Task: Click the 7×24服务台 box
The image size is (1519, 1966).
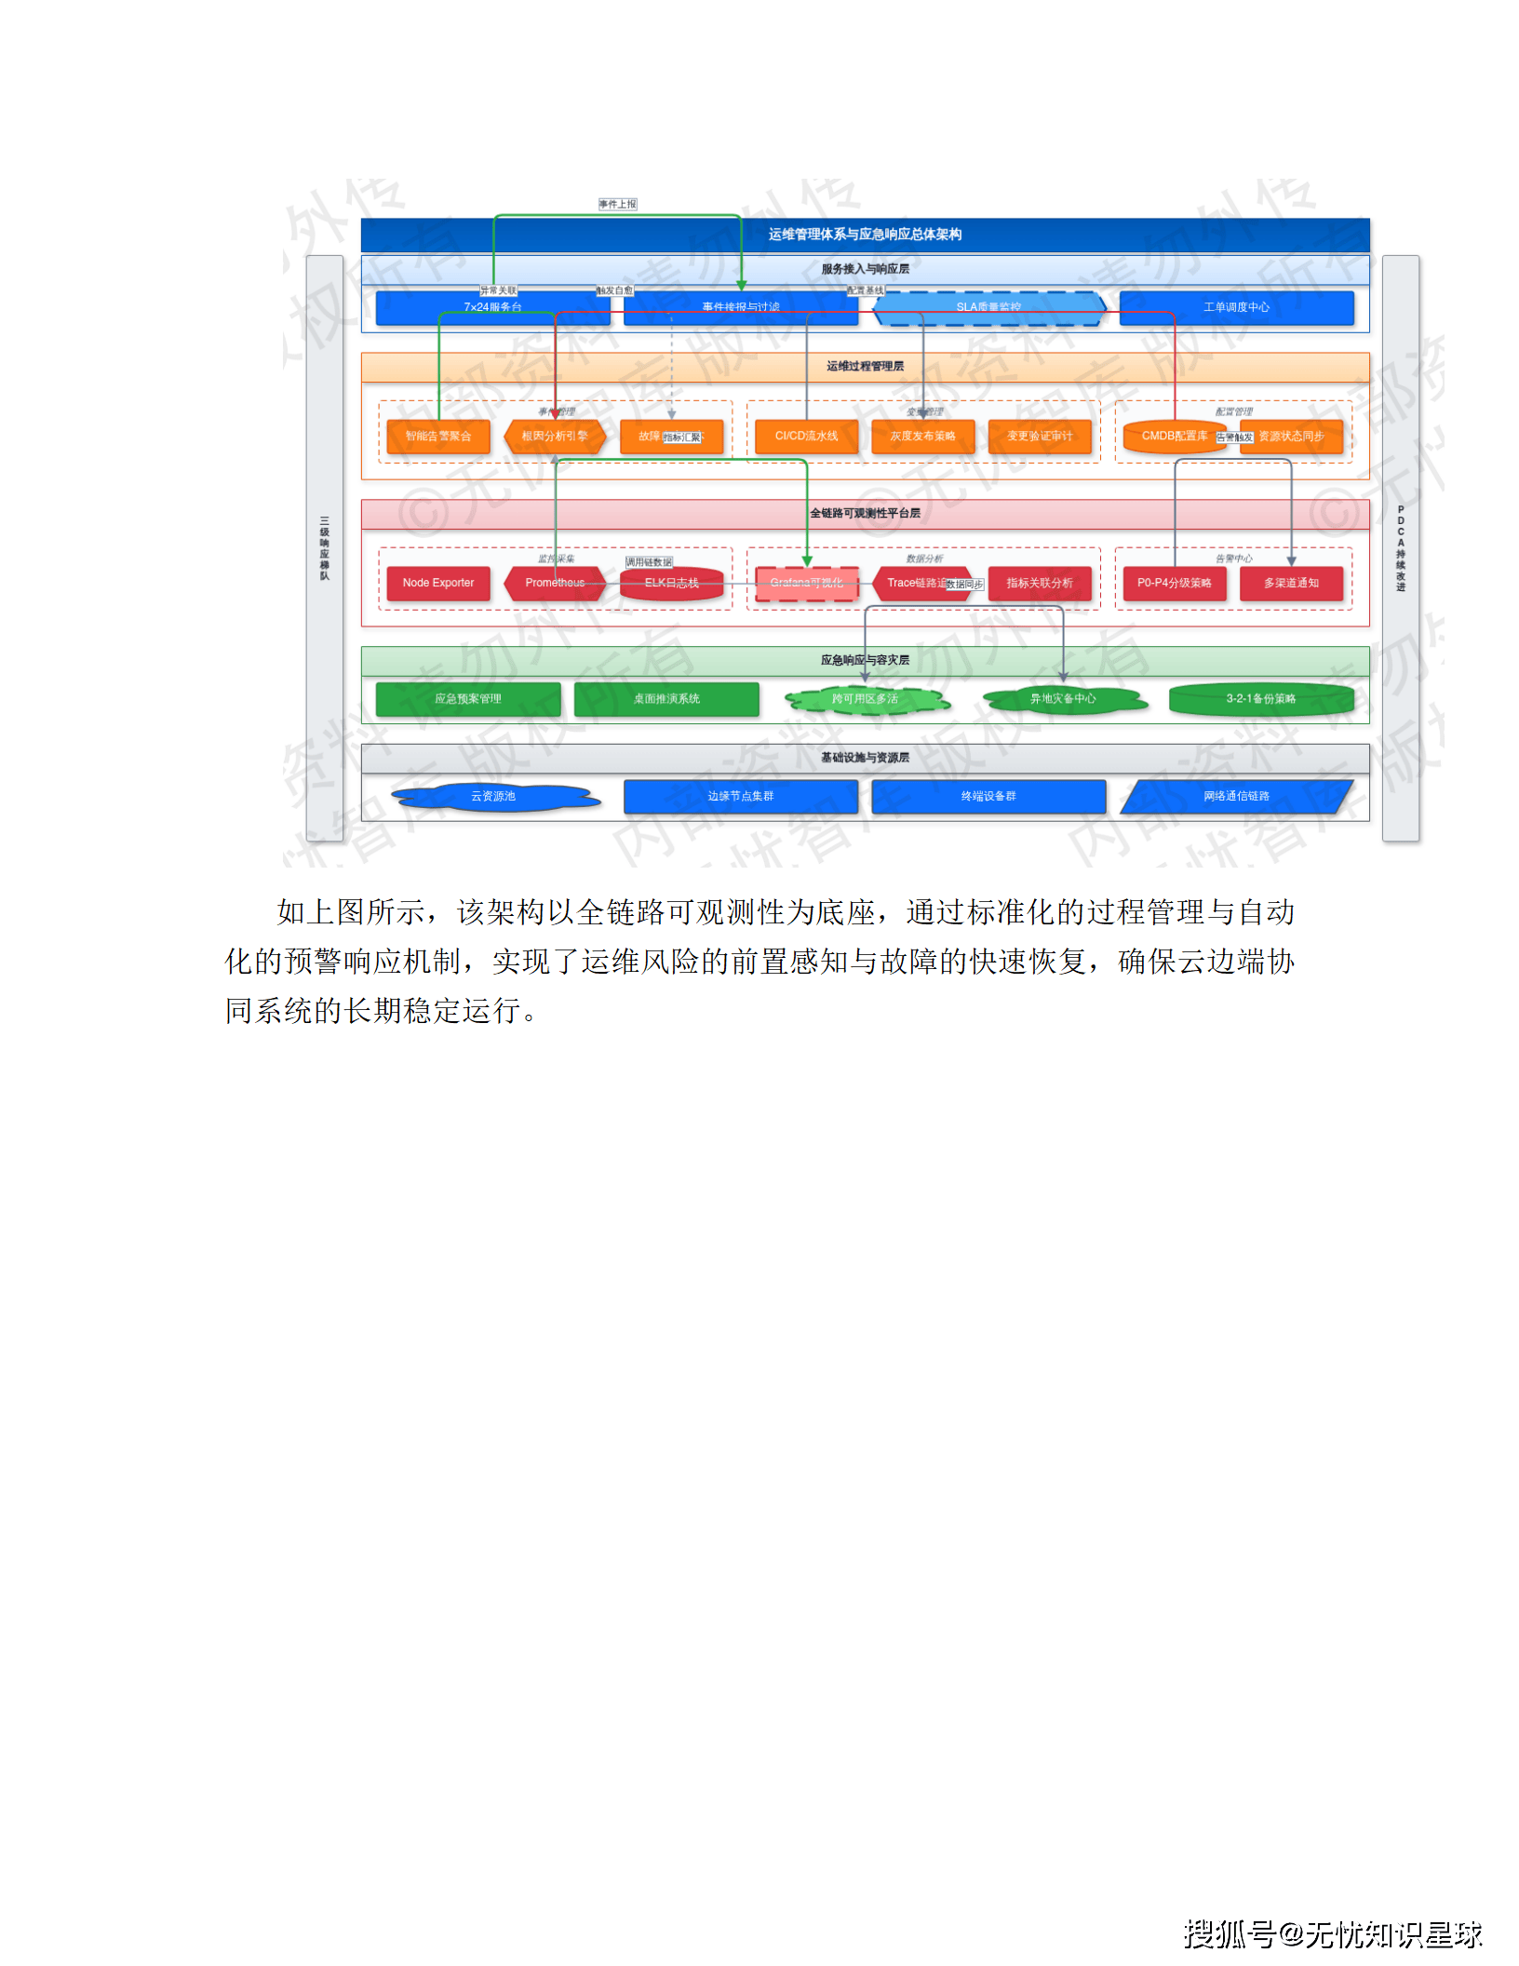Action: pyautogui.click(x=492, y=307)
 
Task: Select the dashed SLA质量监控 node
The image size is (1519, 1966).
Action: pyautogui.click(x=988, y=307)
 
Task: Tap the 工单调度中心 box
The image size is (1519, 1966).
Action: pyautogui.click(x=1236, y=307)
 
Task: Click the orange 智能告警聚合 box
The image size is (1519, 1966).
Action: pyautogui.click(x=438, y=436)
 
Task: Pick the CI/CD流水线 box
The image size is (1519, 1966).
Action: pyautogui.click(x=806, y=436)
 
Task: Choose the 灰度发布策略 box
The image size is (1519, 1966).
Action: pyautogui.click(x=922, y=436)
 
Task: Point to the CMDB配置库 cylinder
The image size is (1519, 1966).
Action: pyautogui.click(x=1175, y=436)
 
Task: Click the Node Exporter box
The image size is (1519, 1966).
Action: pyautogui.click(x=438, y=583)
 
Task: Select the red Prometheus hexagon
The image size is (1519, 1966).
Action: pyautogui.click(x=555, y=583)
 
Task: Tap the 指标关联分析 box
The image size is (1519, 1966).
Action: pyautogui.click(x=1040, y=583)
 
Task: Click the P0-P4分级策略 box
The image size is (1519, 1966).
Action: pyautogui.click(x=1175, y=583)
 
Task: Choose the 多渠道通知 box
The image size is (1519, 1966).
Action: pyautogui.click(x=1291, y=583)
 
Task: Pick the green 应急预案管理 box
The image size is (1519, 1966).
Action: pyautogui.click(x=468, y=699)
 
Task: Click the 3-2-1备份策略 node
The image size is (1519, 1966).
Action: pyautogui.click(x=1261, y=699)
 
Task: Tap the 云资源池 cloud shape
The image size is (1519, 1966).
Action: pyautogui.click(x=493, y=797)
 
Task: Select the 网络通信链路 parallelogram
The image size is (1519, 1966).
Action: pyautogui.click(x=1236, y=797)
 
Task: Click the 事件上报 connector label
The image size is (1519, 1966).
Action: pyautogui.click(x=618, y=204)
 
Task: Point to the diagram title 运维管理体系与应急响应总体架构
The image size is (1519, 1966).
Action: pyautogui.click(x=865, y=235)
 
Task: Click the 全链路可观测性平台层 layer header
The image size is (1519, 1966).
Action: pyautogui.click(x=865, y=513)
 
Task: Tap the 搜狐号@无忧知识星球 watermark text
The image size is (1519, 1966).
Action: pyautogui.click(x=1333, y=1933)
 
